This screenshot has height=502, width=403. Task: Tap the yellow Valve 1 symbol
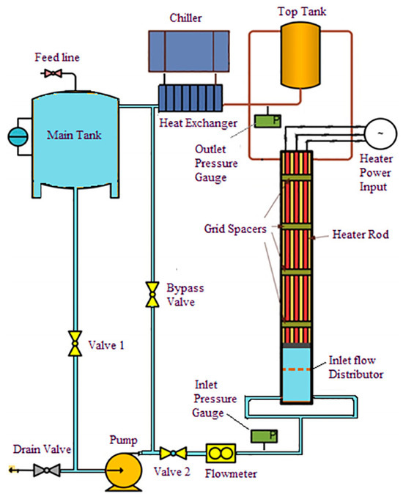(x=74, y=343)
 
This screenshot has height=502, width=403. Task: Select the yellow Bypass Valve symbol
(x=151, y=293)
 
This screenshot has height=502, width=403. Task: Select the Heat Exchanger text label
(x=199, y=122)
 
